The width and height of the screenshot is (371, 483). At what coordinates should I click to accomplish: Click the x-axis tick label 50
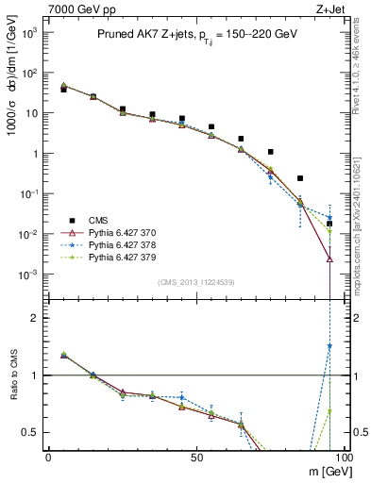click(196, 457)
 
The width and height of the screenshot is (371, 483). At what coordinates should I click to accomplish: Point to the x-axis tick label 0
click(48, 457)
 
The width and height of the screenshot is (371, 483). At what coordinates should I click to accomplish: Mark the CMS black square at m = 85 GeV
click(300, 178)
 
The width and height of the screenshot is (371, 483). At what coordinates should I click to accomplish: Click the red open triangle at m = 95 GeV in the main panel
click(329, 258)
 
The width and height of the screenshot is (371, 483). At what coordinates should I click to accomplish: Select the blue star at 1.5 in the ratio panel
click(329, 346)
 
